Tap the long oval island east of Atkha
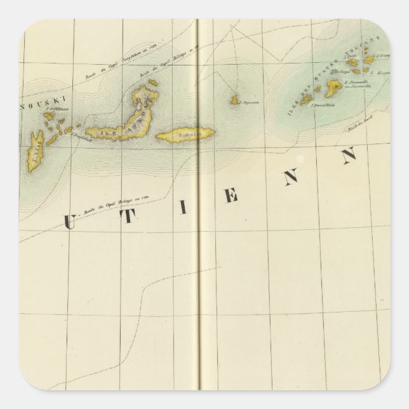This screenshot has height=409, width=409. [x=186, y=134]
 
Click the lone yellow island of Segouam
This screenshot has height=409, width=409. [x=234, y=100]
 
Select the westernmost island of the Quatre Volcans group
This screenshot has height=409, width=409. [x=307, y=100]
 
